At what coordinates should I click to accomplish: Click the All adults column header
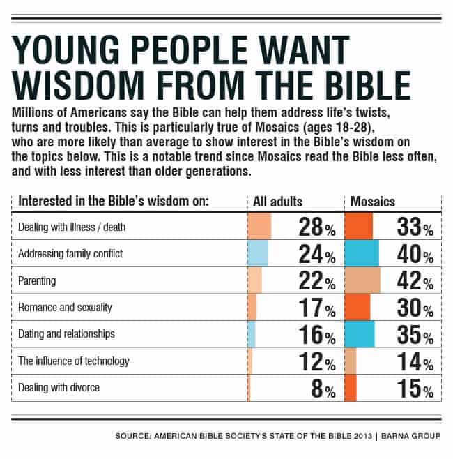[278, 202]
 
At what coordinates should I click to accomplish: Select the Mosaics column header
[373, 202]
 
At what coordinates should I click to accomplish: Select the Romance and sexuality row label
[65, 307]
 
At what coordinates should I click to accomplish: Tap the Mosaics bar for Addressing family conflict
[362, 254]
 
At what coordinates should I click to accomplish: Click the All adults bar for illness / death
[259, 227]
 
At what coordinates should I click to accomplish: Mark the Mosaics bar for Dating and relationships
[360, 335]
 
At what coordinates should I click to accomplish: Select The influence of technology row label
[74, 361]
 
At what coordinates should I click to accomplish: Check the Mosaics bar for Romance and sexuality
[358, 308]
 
